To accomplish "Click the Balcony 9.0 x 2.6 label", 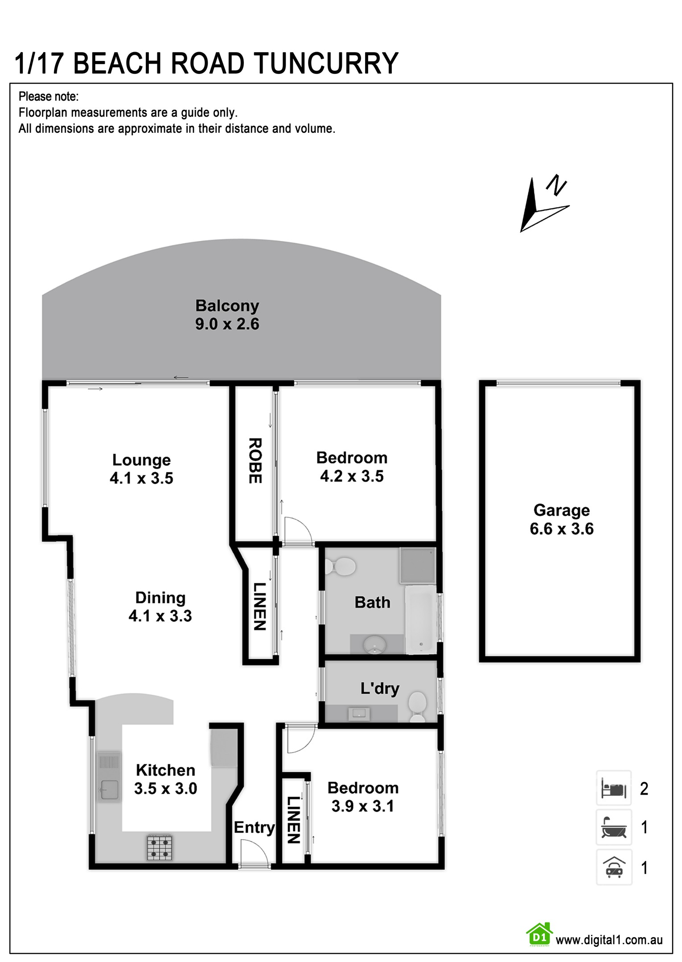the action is tap(227, 315).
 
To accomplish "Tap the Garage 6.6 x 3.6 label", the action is tap(562, 519).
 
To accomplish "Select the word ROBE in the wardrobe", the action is tap(255, 461).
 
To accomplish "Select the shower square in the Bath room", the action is tap(417, 566).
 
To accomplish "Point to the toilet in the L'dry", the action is tap(418, 706).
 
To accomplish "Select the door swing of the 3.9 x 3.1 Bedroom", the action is tap(301, 740).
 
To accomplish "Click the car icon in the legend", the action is tap(614, 867).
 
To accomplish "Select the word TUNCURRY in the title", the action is tap(326, 63).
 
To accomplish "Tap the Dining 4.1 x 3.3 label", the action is tap(160, 607).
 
